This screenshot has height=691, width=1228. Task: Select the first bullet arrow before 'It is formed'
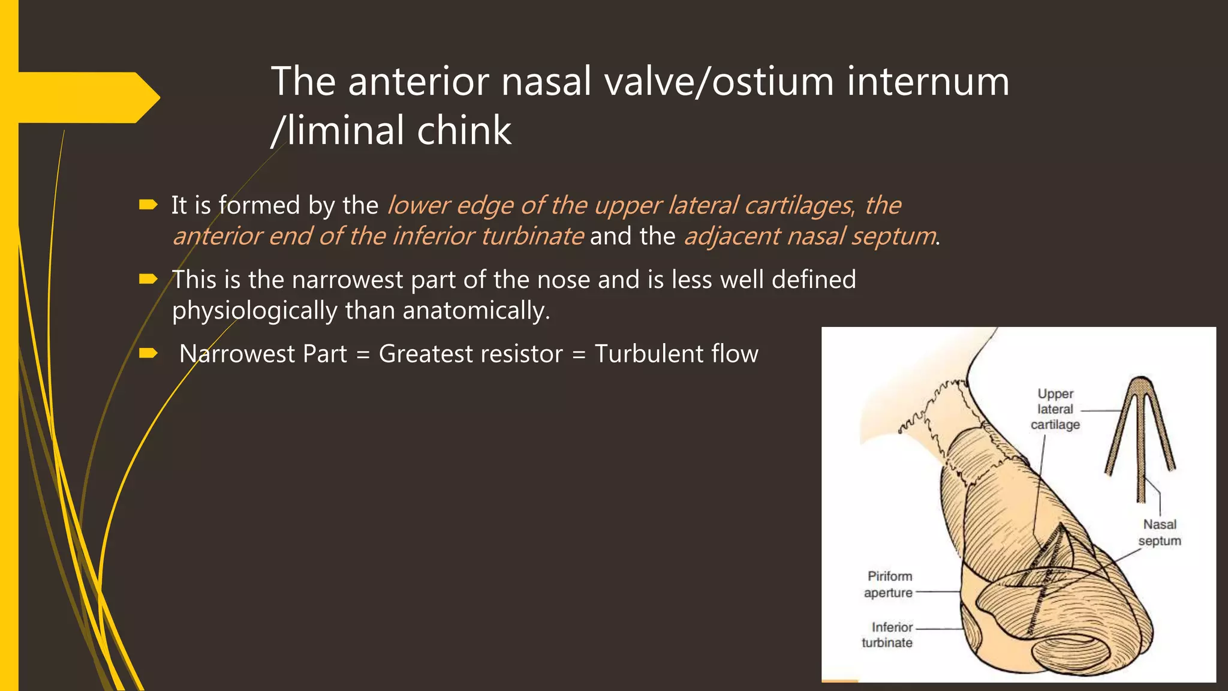click(x=148, y=205)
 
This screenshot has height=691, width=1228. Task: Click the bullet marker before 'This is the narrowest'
click(x=148, y=279)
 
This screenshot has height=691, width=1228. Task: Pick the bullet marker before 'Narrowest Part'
click(x=148, y=353)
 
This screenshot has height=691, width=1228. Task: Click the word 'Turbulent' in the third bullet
click(x=648, y=354)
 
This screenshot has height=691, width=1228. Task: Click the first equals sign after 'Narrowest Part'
click(x=363, y=354)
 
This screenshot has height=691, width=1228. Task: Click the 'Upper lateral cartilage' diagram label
click(x=1055, y=409)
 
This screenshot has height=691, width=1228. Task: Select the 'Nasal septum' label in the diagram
click(x=1160, y=533)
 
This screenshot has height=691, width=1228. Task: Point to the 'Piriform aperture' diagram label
click(x=889, y=584)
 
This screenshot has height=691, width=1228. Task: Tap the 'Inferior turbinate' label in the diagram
click(x=887, y=635)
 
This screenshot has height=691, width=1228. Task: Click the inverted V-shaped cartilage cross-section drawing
click(x=1140, y=432)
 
